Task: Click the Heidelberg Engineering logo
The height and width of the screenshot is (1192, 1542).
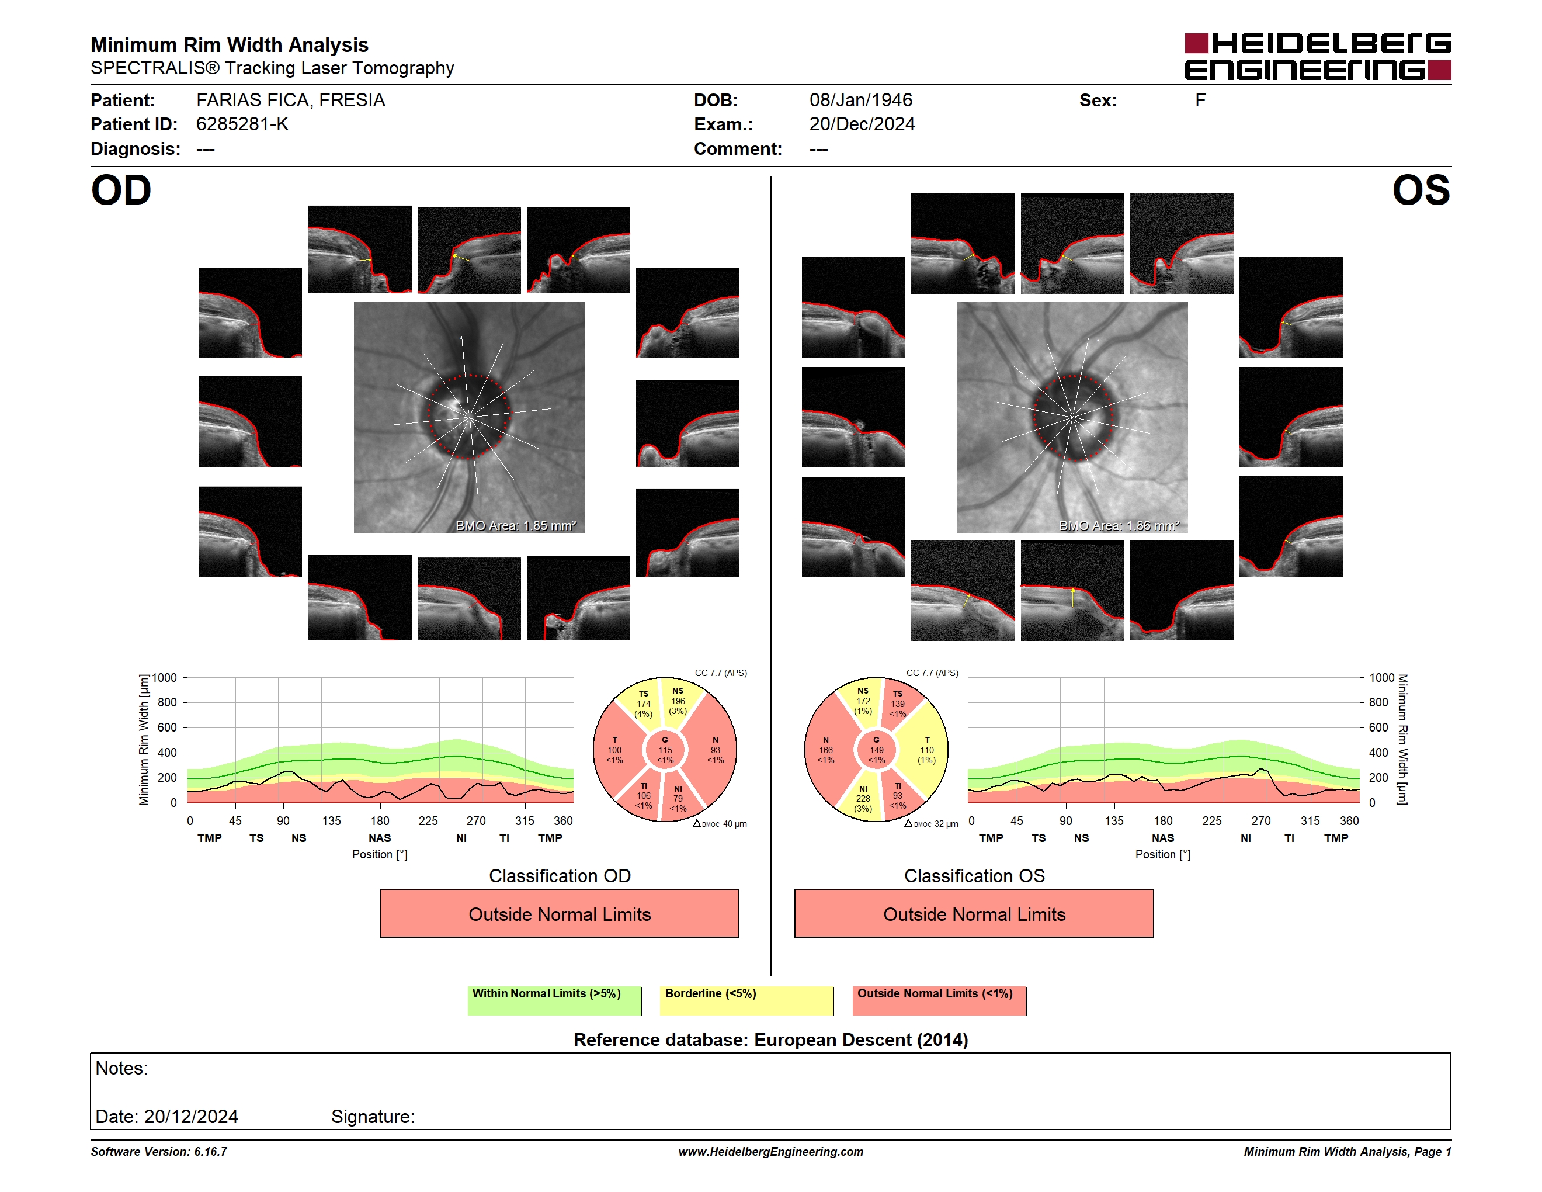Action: pyautogui.click(x=1318, y=57)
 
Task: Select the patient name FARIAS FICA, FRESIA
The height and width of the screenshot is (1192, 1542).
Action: pyautogui.click(x=290, y=101)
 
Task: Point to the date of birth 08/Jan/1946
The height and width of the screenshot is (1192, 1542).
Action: pyautogui.click(x=861, y=101)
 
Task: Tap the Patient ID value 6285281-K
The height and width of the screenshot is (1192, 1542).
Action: pyautogui.click(x=242, y=124)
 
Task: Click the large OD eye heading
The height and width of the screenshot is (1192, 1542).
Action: pyautogui.click(x=121, y=190)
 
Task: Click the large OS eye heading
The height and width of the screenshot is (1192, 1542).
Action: pyautogui.click(x=1421, y=190)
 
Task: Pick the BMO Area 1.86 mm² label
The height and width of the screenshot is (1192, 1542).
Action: pyautogui.click(x=1119, y=525)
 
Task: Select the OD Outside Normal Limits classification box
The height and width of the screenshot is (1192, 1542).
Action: pyautogui.click(x=559, y=913)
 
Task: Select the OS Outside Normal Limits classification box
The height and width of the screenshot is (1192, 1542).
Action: pyautogui.click(x=974, y=913)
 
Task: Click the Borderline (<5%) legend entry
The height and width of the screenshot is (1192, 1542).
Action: pyautogui.click(x=746, y=1000)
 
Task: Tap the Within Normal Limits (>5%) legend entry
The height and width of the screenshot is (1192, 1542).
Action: pyautogui.click(x=554, y=1000)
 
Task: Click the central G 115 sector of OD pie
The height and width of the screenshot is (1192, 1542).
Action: pyautogui.click(x=665, y=750)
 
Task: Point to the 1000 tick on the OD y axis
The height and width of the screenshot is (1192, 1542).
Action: pyautogui.click(x=165, y=678)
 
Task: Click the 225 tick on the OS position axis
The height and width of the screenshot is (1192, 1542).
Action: pyautogui.click(x=1211, y=820)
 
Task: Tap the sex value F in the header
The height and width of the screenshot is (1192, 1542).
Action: pyautogui.click(x=1200, y=101)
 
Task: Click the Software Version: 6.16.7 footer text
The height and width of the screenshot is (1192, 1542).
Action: pyautogui.click(x=159, y=1152)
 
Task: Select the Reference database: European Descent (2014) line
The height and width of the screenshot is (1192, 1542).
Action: pyautogui.click(x=771, y=1040)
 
